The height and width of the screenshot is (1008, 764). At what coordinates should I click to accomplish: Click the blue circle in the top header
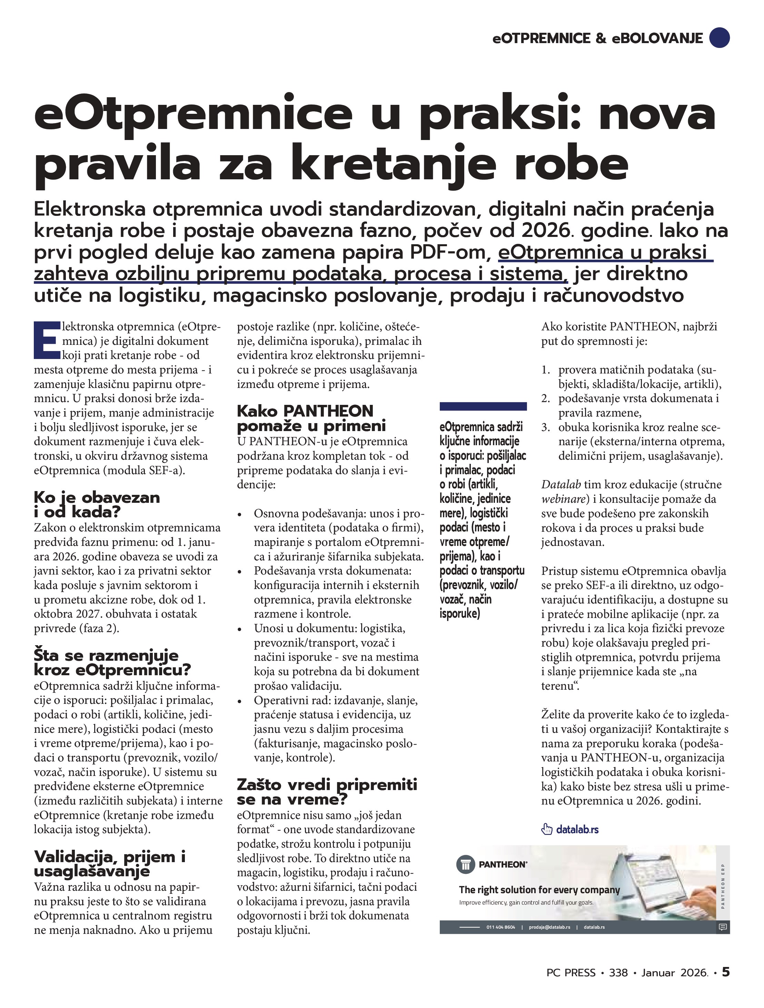720,38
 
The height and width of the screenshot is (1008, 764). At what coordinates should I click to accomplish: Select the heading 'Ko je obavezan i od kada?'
97,505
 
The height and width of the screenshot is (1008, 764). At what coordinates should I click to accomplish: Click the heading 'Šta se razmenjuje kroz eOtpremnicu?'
112,662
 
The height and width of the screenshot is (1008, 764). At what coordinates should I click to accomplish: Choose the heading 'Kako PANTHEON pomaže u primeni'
311,418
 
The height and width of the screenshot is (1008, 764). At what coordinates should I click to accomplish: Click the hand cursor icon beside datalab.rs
547,829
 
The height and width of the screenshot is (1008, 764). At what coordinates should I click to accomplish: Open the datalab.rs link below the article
577,829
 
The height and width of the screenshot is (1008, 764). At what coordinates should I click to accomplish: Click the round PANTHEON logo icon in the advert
465,865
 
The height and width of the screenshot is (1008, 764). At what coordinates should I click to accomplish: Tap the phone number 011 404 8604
500,927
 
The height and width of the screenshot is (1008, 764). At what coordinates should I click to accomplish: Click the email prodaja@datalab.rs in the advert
549,927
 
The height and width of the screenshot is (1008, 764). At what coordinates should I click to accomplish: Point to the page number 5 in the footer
726,985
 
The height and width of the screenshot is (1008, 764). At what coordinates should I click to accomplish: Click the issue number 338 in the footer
618,986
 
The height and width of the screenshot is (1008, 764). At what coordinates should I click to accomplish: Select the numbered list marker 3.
546,428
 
